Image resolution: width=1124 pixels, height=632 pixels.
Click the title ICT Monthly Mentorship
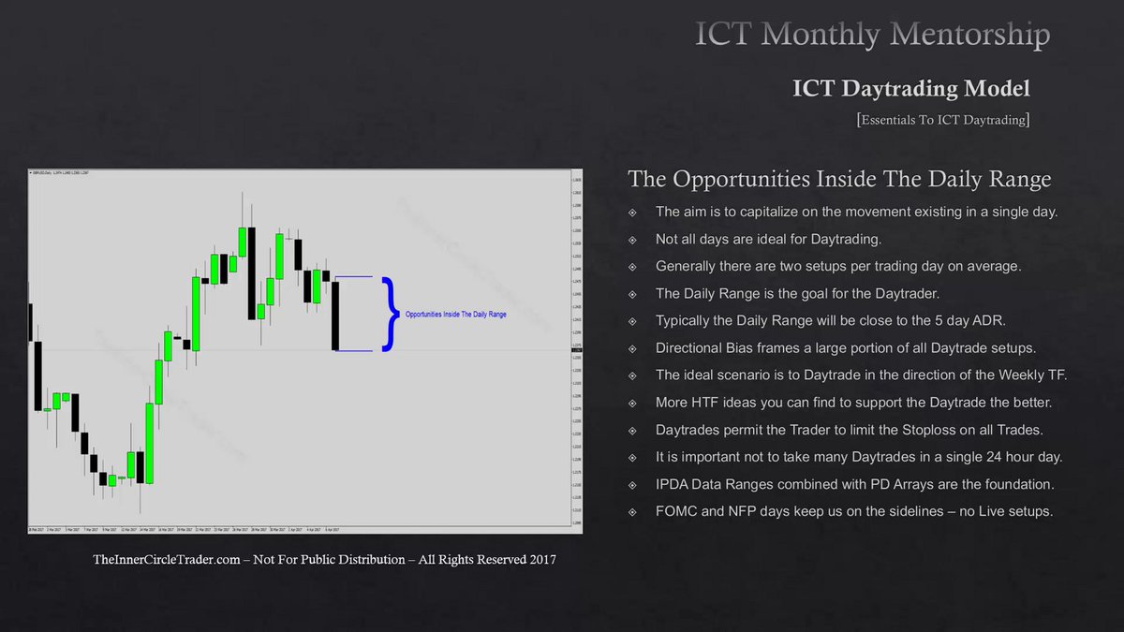(872, 35)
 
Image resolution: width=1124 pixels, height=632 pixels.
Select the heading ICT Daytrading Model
(910, 88)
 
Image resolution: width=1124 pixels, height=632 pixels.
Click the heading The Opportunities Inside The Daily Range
(839, 178)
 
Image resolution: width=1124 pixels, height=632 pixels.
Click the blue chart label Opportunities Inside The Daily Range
(455, 315)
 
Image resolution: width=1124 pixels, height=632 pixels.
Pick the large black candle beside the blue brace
(335, 315)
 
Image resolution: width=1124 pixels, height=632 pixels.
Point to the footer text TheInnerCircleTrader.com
(324, 560)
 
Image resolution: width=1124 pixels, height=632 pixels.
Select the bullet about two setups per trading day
(838, 266)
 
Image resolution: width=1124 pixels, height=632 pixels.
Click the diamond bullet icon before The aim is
(634, 212)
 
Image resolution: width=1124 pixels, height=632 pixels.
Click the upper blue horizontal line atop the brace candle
(354, 277)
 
